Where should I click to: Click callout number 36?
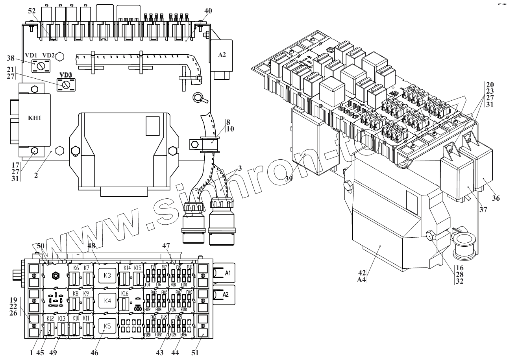click(x=496, y=198)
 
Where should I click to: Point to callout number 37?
click(x=483, y=210)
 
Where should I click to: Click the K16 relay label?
click(x=125, y=294)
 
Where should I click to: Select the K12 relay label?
click(x=50, y=319)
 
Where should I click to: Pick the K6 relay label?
click(x=76, y=268)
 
